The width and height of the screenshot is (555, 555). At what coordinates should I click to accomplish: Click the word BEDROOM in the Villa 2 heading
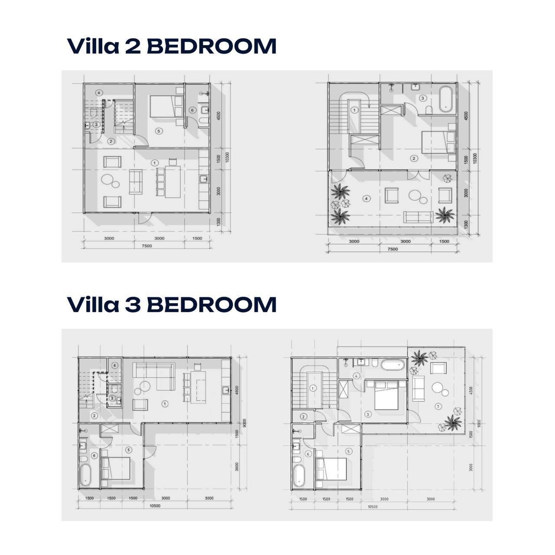pyautogui.click(x=212, y=46)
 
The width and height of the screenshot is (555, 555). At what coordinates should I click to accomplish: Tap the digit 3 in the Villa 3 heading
pyautogui.click(x=132, y=305)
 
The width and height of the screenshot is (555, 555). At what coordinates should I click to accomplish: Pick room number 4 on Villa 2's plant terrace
pyautogui.click(x=367, y=199)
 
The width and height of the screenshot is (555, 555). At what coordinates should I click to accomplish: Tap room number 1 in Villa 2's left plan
pyautogui.click(x=154, y=162)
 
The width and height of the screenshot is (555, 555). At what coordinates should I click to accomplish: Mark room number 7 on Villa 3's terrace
pyautogui.click(x=438, y=406)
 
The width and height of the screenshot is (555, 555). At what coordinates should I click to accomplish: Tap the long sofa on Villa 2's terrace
pyautogui.click(x=418, y=216)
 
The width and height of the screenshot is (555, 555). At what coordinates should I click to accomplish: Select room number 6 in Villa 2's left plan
pyautogui.click(x=192, y=110)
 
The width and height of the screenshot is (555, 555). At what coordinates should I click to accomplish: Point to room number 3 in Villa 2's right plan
pyautogui.click(x=423, y=98)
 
